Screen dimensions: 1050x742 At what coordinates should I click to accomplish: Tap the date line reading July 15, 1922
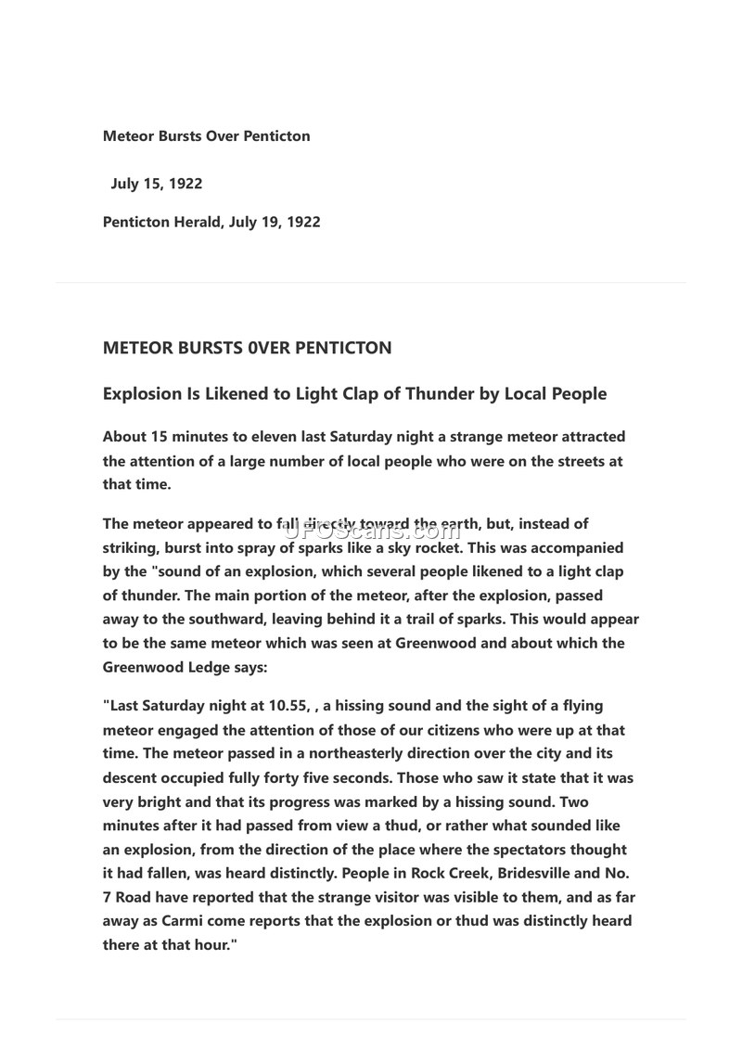click(x=156, y=184)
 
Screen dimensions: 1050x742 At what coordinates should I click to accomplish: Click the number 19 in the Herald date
click(x=274, y=223)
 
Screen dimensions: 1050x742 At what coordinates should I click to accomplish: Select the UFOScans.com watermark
click(x=370, y=531)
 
